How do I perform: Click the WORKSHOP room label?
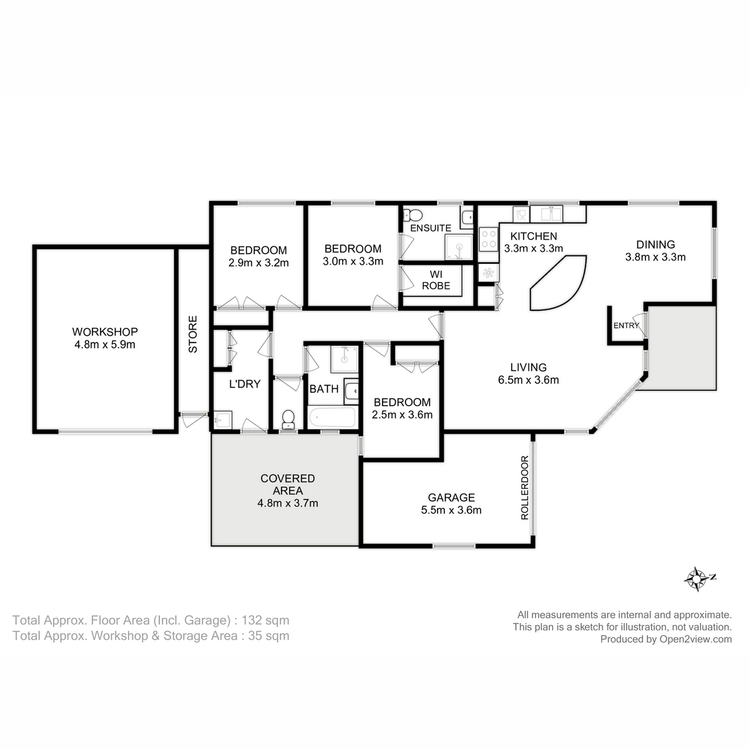(104, 331)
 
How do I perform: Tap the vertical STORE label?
(193, 335)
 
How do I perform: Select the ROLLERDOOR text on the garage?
(524, 488)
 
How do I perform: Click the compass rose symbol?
(695, 579)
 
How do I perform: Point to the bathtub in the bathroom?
(331, 418)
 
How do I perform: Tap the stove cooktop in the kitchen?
(487, 238)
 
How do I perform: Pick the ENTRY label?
(626, 326)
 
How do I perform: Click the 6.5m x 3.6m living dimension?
(528, 379)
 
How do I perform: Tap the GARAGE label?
(451, 497)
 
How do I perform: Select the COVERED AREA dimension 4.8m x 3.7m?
(288, 503)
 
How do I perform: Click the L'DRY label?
(244, 384)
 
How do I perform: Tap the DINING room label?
(655, 245)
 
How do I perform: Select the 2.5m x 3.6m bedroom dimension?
(403, 414)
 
